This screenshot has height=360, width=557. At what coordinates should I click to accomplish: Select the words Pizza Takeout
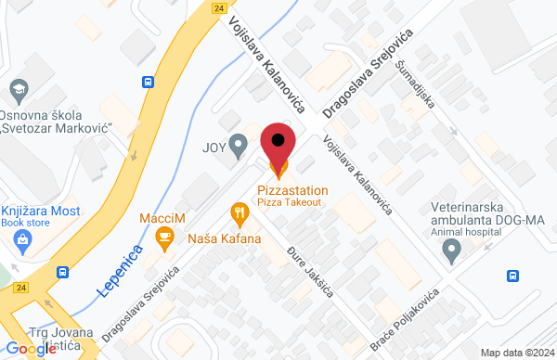tap(290, 201)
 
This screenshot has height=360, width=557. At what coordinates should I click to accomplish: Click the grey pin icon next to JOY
tap(239, 145)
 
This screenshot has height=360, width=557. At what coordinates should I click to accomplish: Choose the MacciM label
tap(162, 219)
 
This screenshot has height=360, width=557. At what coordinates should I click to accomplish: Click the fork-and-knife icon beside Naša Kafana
tap(240, 215)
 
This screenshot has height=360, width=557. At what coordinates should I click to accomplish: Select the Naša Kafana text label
tap(225, 238)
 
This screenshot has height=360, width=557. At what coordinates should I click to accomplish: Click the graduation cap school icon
tap(18, 90)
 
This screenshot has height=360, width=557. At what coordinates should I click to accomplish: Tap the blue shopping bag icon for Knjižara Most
tap(22, 239)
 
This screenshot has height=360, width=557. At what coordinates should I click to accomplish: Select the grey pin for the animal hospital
tap(452, 249)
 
